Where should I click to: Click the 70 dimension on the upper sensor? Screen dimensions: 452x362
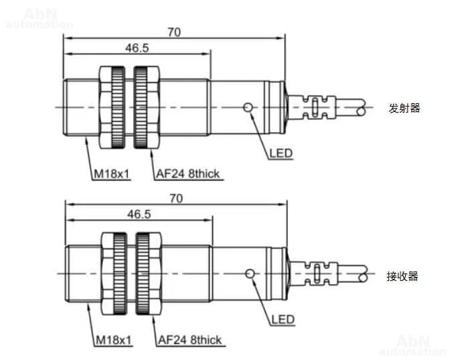174,32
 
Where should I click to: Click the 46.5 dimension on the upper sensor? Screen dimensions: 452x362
137,48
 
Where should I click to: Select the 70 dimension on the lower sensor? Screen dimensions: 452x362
176,198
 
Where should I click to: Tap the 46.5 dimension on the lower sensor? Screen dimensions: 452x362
139,215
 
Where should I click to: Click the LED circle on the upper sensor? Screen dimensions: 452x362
248,107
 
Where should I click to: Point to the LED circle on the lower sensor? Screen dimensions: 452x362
250,274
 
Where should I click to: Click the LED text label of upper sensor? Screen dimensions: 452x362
281,154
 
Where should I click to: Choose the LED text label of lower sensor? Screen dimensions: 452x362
283,320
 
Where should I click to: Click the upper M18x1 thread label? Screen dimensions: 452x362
112,174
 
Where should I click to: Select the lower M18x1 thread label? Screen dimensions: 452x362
114,340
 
